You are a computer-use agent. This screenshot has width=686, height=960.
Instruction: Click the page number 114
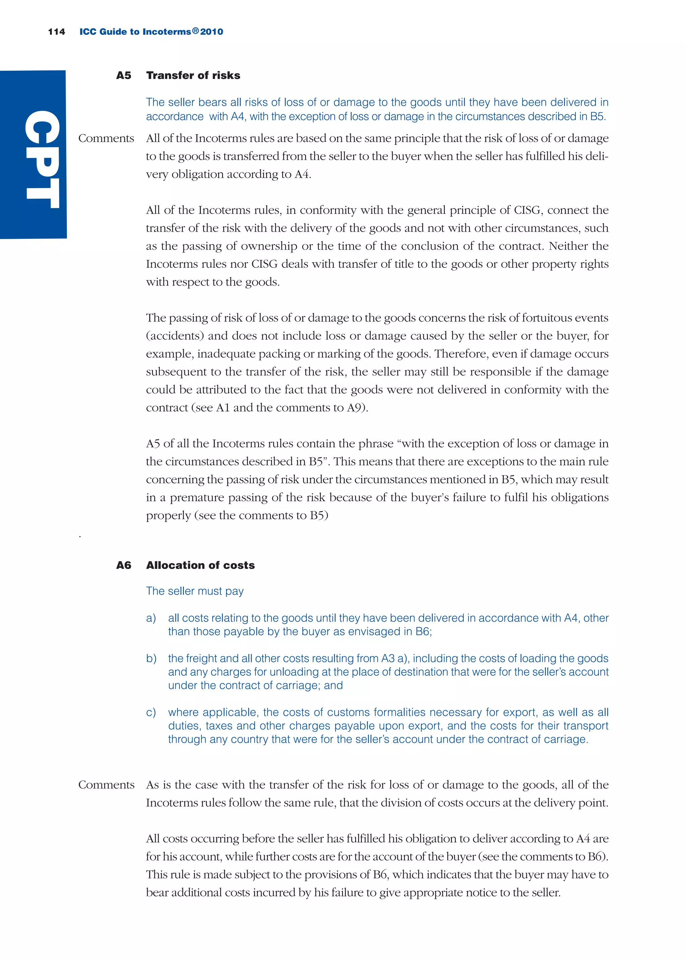click(x=56, y=32)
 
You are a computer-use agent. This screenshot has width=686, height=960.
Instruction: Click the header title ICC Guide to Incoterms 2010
click(x=151, y=32)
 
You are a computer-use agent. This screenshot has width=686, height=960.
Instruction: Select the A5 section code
click(x=123, y=76)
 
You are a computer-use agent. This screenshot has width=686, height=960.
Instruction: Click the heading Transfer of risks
click(x=193, y=76)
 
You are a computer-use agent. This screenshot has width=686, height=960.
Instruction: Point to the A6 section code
click(x=123, y=565)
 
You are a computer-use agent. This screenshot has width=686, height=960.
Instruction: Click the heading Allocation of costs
click(x=200, y=565)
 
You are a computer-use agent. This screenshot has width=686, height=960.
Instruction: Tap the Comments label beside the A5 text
click(x=106, y=139)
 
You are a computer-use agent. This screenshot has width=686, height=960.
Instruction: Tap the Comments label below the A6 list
click(x=106, y=785)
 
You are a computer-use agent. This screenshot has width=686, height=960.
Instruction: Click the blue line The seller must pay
click(x=195, y=591)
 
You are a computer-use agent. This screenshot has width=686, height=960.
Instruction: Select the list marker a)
click(x=151, y=618)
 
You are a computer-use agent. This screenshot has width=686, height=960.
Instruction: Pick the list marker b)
click(x=151, y=659)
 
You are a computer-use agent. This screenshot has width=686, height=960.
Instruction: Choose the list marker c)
click(x=151, y=712)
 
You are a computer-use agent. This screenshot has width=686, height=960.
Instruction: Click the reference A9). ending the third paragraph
click(x=357, y=408)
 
